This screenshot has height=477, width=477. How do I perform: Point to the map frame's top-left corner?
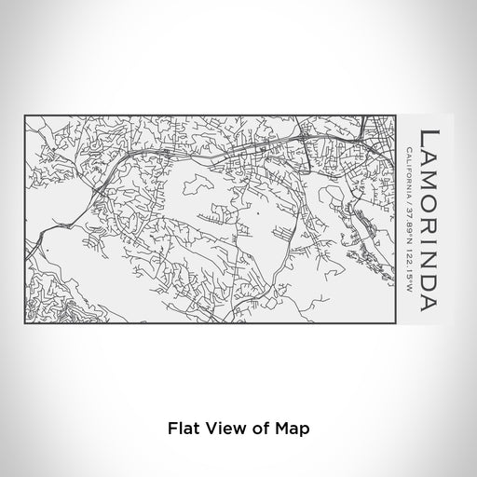pos(26,116)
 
